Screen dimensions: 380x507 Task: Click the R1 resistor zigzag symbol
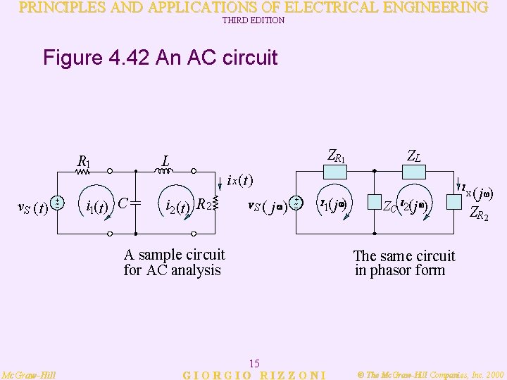pos(84,170)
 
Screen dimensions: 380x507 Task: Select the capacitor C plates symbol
pos(136,203)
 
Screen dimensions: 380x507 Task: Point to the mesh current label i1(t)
pos(96,207)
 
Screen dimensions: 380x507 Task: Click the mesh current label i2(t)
pos(175,207)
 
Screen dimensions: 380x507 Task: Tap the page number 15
pos(255,363)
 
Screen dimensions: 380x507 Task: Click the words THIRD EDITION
pos(254,20)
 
